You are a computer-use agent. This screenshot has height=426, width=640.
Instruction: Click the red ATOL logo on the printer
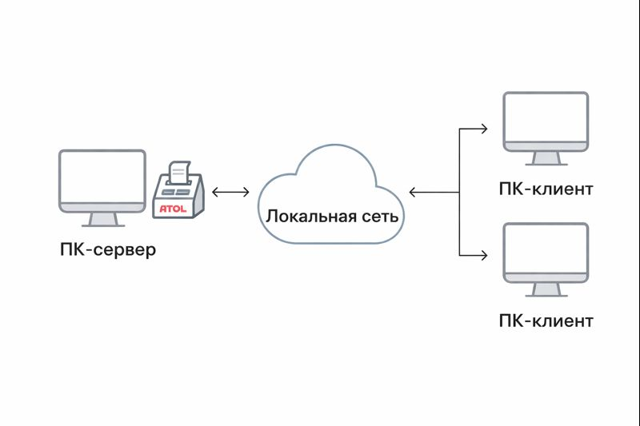(173, 209)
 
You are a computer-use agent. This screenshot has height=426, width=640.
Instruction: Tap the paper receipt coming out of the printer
(179, 173)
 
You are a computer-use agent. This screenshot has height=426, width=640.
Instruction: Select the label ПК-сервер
(108, 249)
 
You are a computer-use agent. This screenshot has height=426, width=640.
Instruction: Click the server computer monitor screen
(102, 177)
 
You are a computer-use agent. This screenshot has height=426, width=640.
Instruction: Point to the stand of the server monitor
(103, 219)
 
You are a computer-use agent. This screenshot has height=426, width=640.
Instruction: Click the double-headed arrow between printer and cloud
(230, 192)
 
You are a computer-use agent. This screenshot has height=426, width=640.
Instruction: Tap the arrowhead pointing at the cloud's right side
(412, 192)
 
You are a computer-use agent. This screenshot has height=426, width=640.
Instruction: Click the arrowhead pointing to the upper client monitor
(484, 129)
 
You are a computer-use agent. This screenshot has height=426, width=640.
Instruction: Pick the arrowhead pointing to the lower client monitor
(484, 255)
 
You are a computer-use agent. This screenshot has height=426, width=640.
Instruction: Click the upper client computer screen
(546, 117)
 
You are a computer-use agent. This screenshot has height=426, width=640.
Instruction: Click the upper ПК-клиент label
(546, 189)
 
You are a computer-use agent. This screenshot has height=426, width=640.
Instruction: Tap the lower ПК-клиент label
(546, 320)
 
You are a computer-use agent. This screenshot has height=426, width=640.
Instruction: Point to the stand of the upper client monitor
(546, 158)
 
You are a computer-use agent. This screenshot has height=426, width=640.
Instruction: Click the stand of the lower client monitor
(546, 289)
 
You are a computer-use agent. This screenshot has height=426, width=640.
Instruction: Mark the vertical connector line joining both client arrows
(459, 192)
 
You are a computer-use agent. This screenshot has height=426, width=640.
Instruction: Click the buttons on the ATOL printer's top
(175, 192)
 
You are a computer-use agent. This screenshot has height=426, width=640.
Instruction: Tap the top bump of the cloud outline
(334, 145)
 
